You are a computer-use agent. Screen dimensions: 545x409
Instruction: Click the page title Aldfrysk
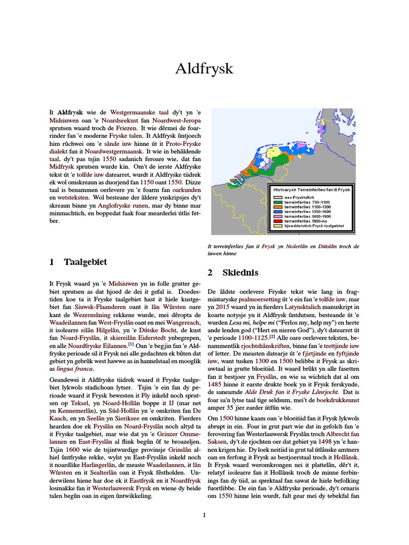(x=204, y=69)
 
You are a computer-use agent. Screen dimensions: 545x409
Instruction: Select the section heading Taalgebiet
(x=85, y=262)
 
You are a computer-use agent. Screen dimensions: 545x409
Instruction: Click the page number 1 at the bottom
(x=204, y=515)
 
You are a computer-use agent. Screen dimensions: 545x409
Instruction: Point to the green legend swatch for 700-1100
(x=277, y=202)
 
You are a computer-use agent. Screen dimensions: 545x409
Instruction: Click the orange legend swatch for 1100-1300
(x=277, y=207)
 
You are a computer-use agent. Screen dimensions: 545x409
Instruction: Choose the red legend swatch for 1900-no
(x=277, y=221)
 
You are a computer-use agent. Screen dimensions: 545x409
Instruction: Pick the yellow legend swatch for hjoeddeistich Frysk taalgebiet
(x=277, y=226)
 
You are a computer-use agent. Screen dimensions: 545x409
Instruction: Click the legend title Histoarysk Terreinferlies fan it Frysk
(x=312, y=189)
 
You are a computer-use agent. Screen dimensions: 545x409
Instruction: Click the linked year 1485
(x=215, y=376)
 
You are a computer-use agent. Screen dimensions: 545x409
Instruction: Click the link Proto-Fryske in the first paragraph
(x=184, y=144)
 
